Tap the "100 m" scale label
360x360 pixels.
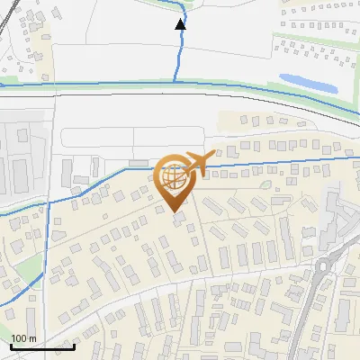[23, 337]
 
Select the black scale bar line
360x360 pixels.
[41, 346]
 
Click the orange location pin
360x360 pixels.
[173, 180]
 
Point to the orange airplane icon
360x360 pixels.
[197, 163]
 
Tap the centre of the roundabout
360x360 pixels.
[328, 266]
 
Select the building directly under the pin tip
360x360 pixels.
[178, 218]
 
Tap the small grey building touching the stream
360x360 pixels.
[138, 163]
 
